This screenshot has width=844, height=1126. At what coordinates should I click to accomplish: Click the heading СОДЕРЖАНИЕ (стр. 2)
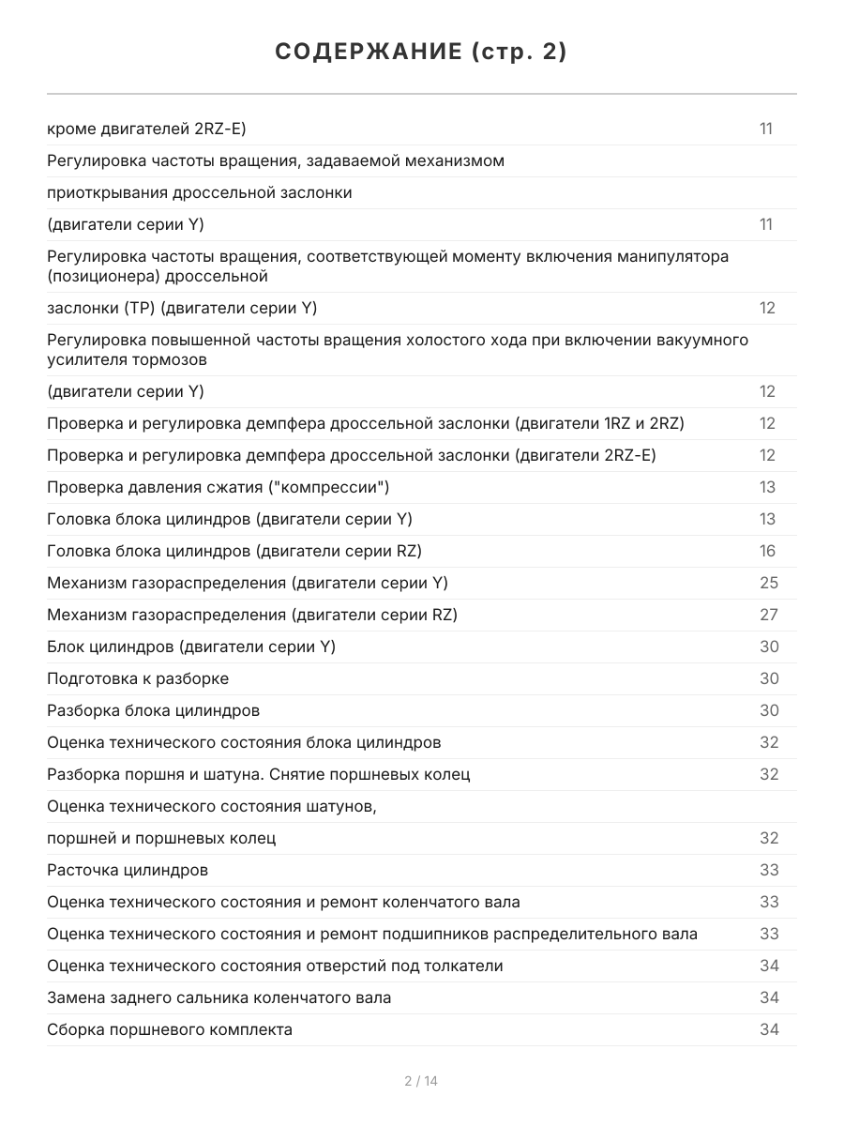coord(421,53)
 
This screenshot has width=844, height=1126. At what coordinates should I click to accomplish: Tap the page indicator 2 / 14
coord(421,1081)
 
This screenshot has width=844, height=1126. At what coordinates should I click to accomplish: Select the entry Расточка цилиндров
coord(128,870)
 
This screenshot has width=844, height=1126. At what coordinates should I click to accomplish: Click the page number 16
coord(768,551)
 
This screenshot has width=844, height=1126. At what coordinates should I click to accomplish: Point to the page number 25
coord(769,583)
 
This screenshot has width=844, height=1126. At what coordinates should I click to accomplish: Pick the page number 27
coord(769,615)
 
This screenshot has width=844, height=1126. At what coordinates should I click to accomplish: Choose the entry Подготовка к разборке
coord(138,678)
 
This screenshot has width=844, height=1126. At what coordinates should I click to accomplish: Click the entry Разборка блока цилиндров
coord(153,710)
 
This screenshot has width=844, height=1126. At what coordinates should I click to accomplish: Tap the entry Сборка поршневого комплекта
coord(170,1029)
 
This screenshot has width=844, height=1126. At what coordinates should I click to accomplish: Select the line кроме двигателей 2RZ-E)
coord(146,129)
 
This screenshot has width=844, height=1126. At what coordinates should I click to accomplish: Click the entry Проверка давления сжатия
coord(218,487)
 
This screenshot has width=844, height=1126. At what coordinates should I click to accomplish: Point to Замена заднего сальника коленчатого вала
coord(219,997)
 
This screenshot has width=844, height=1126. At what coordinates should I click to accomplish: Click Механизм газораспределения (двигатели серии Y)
coord(248,583)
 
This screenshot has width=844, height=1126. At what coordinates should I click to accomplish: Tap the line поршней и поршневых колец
coord(161,838)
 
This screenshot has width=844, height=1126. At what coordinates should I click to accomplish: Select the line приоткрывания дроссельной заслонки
coord(200,192)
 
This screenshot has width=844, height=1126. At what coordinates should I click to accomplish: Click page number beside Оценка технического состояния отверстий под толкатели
coord(769,966)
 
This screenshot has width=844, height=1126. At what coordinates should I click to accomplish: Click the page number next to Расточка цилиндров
coord(769,870)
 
